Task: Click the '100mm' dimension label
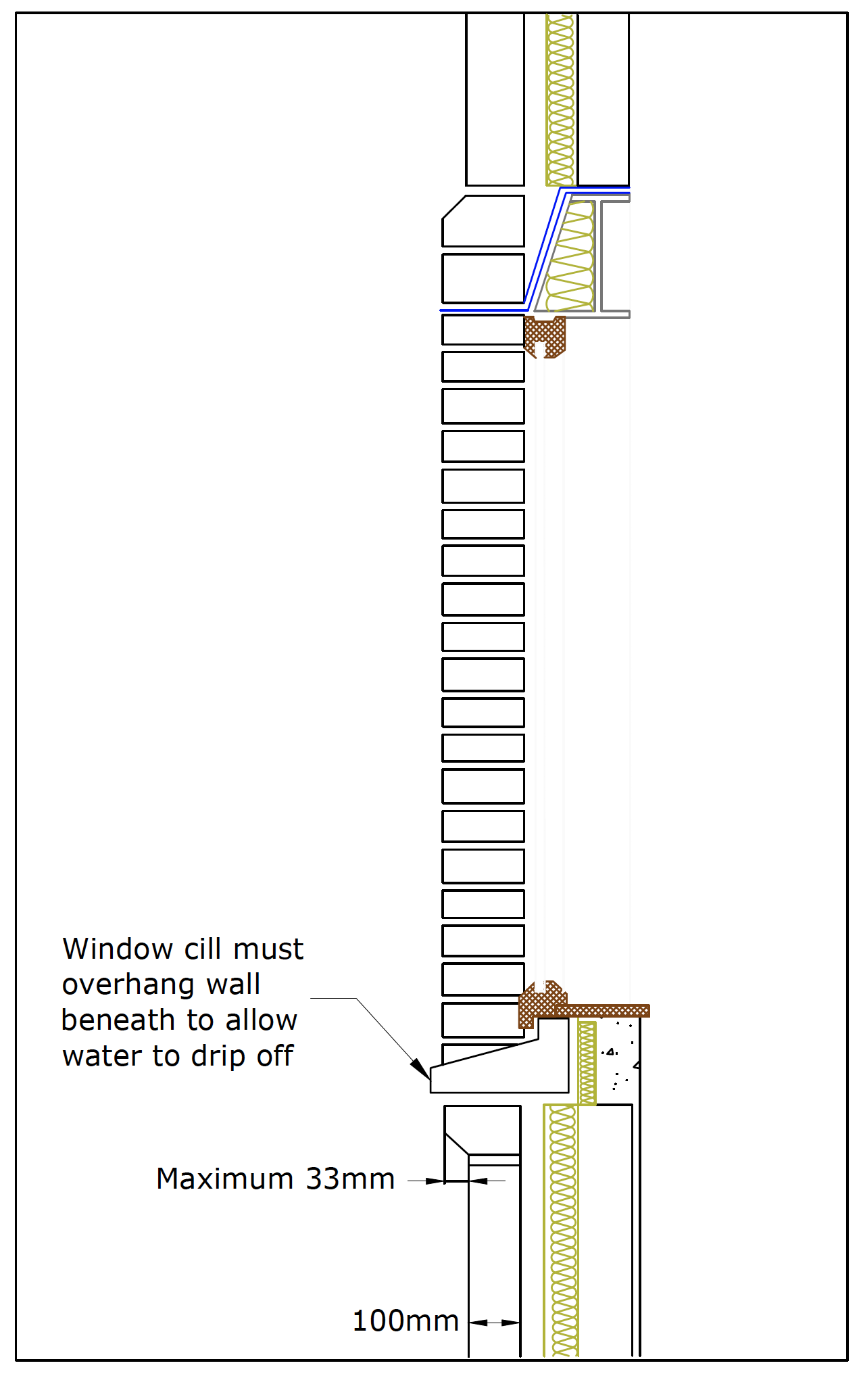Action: pos(405,1321)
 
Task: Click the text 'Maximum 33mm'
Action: pos(275,1179)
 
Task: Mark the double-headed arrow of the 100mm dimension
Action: pos(494,1323)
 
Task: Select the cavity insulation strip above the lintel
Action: pos(560,98)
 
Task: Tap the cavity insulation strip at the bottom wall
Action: pos(562,1231)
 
